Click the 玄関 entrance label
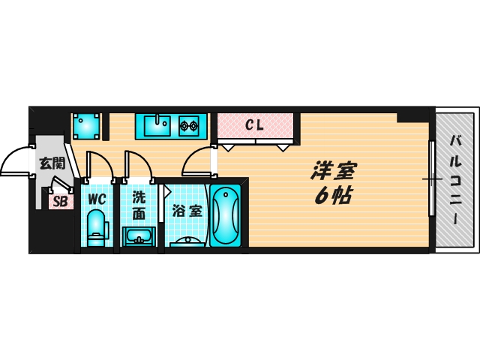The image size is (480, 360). click(x=52, y=163)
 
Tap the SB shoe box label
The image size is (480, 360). click(x=60, y=202)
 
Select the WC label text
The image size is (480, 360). click(x=97, y=199)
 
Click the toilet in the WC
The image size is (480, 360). click(x=97, y=228)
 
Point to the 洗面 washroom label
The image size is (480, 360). click(x=139, y=205)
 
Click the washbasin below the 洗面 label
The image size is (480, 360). click(x=139, y=237)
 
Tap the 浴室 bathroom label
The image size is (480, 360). click(x=187, y=211)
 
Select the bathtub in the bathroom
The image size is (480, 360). click(x=226, y=215)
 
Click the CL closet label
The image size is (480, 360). click(x=255, y=124)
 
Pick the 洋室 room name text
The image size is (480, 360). click(x=333, y=170)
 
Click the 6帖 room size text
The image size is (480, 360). click(x=333, y=195)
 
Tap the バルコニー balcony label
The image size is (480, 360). click(x=455, y=180)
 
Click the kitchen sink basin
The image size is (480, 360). click(x=157, y=125)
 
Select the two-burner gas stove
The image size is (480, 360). click(x=189, y=125)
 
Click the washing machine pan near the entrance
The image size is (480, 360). click(x=87, y=127)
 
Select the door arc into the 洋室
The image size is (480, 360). click(x=193, y=155)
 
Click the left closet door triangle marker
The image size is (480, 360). click(x=228, y=148)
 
